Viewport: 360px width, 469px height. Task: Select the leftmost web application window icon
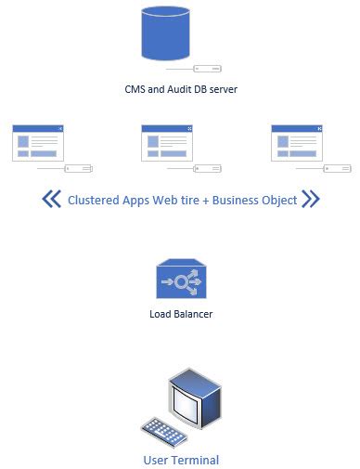[x=38, y=143]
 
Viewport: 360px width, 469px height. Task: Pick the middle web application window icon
[x=166, y=143]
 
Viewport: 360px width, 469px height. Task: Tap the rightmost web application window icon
[x=296, y=143]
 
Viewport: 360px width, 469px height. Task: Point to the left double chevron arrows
[x=52, y=199]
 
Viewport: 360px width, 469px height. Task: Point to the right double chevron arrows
[x=311, y=199]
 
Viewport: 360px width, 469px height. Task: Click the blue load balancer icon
[x=180, y=280]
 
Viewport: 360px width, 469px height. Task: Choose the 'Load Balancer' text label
[x=181, y=314]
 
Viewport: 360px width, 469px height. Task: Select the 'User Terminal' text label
[x=181, y=460]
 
